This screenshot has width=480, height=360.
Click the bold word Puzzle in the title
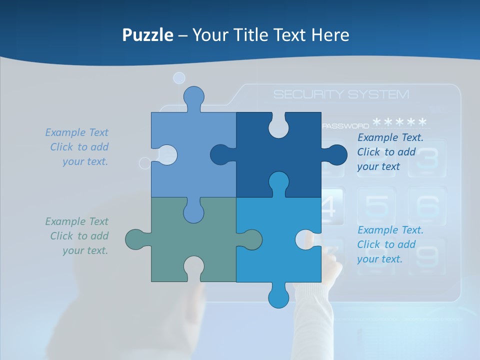(x=148, y=35)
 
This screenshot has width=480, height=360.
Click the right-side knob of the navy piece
(x=336, y=154)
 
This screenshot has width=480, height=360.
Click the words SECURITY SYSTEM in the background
(x=341, y=94)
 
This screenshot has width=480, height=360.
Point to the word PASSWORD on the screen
(x=345, y=126)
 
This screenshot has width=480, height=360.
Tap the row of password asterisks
(x=400, y=122)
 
